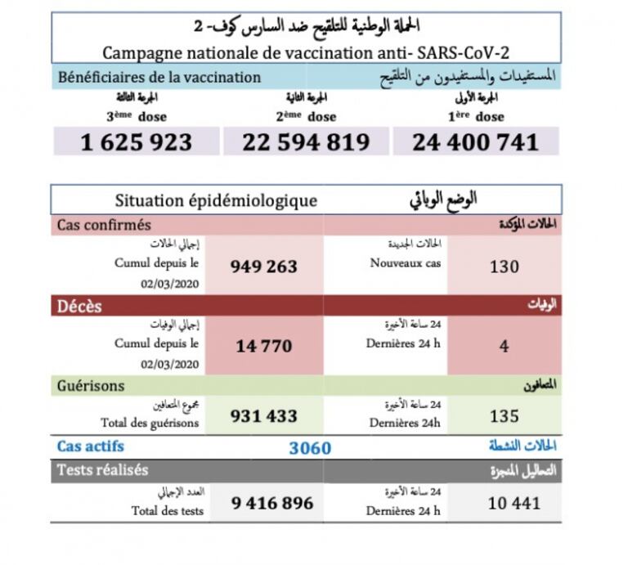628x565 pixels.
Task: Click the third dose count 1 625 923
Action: click(136, 142)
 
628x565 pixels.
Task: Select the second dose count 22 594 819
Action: click(306, 142)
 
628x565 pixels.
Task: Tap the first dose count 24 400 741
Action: click(475, 142)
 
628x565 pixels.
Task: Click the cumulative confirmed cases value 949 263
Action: click(264, 267)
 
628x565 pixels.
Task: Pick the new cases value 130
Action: click(504, 267)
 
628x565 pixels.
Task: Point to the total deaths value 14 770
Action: click(263, 346)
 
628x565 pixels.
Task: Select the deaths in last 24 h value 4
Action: click(504, 346)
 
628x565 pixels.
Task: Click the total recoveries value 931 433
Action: click(264, 416)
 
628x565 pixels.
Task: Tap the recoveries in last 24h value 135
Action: click(504, 416)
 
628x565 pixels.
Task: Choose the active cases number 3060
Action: click(310, 448)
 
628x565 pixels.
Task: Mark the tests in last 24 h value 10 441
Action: click(514, 503)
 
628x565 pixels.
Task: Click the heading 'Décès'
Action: click(78, 306)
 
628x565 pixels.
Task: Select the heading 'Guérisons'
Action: click(90, 385)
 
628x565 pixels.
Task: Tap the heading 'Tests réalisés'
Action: click(102, 470)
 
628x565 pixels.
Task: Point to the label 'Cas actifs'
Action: click(90, 446)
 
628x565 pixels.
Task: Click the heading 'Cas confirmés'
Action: click(104, 225)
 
